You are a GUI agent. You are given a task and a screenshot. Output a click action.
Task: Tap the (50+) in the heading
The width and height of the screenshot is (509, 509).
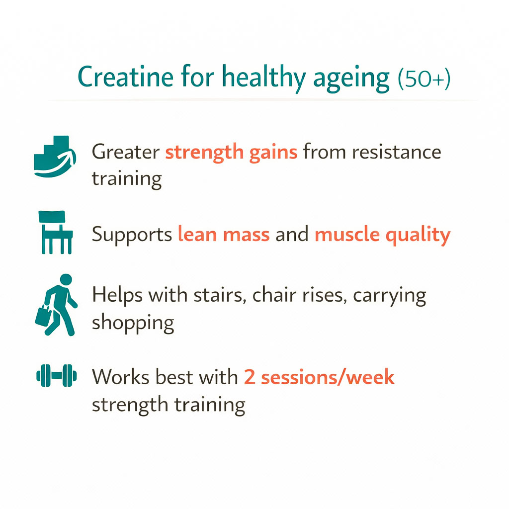point(424,79)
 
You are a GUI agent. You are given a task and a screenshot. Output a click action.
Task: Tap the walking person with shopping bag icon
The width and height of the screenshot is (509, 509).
point(58,304)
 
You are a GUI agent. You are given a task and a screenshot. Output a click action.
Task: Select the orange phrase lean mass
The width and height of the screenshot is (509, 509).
point(223,234)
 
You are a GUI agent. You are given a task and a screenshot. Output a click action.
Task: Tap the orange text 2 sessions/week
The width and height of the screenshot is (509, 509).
point(319,377)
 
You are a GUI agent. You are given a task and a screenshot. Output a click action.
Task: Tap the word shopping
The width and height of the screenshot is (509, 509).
point(133,324)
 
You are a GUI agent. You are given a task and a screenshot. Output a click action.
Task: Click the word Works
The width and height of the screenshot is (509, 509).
point(119,377)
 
